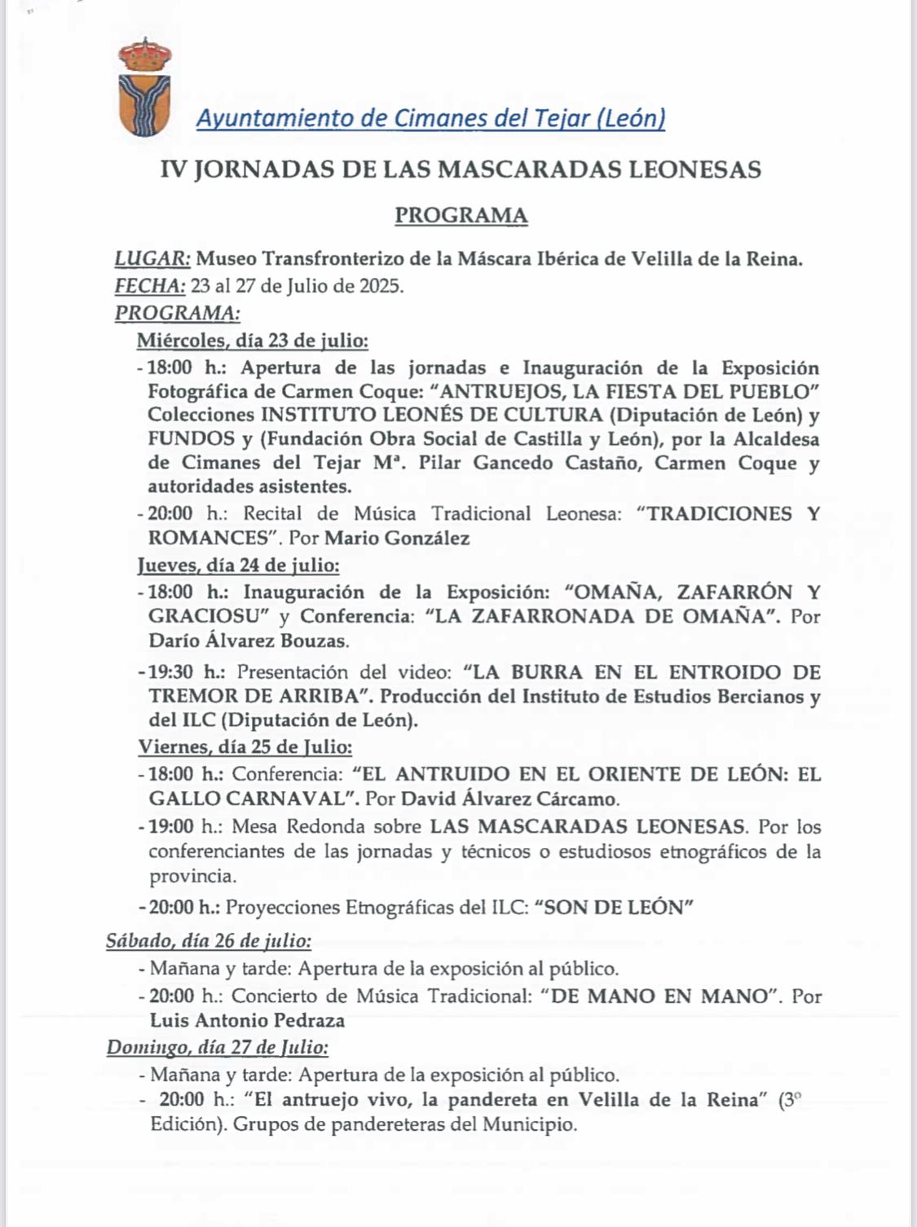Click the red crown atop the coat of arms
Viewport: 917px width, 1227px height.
[x=144, y=55]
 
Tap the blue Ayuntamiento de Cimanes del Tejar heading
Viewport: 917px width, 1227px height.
[x=430, y=119]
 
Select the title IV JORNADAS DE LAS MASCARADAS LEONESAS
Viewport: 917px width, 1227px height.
[x=461, y=169]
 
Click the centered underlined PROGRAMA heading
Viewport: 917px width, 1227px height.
[x=461, y=216]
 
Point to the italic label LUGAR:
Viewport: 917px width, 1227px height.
[x=152, y=259]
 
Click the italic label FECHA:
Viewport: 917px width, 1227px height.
[x=150, y=286]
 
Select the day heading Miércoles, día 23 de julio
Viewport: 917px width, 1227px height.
[x=252, y=341]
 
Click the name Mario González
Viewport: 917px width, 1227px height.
[x=397, y=538]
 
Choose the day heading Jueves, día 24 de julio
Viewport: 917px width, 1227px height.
[x=238, y=565]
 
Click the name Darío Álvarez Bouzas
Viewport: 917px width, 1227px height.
[x=249, y=640]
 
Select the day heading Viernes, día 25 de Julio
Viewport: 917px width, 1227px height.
[x=245, y=746]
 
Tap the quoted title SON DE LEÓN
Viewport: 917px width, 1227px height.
[x=614, y=908]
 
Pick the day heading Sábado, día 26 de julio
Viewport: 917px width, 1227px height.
[x=209, y=941]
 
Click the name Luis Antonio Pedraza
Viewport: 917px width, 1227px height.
[x=247, y=1020]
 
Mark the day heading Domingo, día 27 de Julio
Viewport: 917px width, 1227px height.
[x=218, y=1047]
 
